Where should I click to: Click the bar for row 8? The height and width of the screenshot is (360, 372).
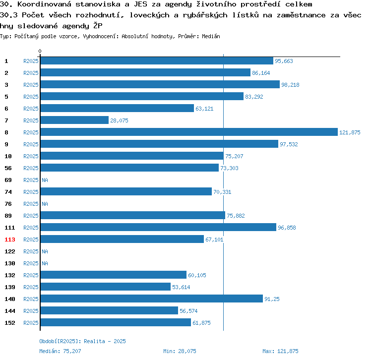click(x=189, y=132)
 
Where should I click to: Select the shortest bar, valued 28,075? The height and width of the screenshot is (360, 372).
click(x=74, y=120)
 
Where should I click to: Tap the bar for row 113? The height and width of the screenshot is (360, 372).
click(x=122, y=239)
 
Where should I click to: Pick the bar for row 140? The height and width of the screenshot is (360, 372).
click(x=152, y=299)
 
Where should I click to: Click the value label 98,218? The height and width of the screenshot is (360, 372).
click(x=290, y=85)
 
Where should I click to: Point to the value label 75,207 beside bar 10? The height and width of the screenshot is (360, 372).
click(x=234, y=156)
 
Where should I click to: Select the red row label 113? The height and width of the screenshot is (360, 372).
click(x=10, y=240)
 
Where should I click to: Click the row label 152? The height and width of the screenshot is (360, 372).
click(x=10, y=323)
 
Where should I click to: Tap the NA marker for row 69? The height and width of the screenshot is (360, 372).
click(x=45, y=180)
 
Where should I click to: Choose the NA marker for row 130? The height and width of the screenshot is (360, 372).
click(x=45, y=263)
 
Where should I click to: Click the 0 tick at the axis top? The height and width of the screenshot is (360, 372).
click(x=40, y=51)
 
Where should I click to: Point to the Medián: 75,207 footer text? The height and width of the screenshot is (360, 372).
click(x=60, y=351)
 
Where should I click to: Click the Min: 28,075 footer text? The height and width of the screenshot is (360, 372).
click(x=180, y=351)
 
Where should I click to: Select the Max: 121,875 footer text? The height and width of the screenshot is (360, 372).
click(x=280, y=351)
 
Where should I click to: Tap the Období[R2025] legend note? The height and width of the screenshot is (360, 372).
click(x=82, y=341)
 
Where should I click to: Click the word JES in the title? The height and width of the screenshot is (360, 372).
click(x=140, y=4)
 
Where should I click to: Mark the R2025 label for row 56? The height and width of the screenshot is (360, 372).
click(x=31, y=168)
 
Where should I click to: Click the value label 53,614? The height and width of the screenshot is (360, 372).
click(x=181, y=287)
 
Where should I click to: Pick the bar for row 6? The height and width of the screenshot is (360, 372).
click(x=117, y=108)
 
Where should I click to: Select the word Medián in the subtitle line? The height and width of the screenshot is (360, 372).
click(x=211, y=36)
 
